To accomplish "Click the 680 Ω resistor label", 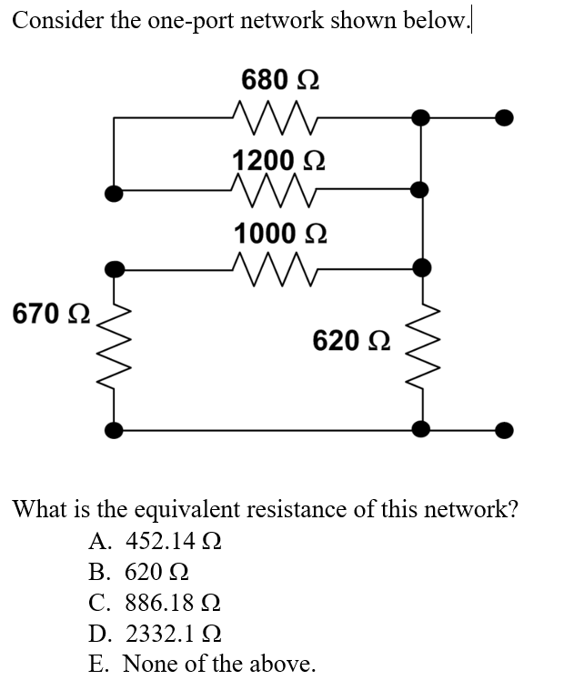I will click(280, 80).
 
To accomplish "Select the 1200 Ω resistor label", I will click(279, 160).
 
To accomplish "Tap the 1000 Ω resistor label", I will click(279, 233).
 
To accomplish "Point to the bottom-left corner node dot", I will click(113, 429).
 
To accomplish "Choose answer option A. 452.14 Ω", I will click(156, 542).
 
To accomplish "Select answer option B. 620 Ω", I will click(139, 572).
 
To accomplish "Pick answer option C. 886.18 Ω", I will click(156, 603).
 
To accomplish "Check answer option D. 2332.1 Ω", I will click(156, 634).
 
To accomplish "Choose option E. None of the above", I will click(202, 664).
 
